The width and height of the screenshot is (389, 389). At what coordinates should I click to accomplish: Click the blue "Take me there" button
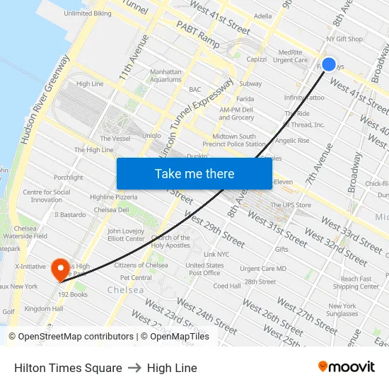194,173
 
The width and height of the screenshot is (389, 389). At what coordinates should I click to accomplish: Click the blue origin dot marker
328,64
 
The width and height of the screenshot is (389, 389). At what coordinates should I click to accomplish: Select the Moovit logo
347,367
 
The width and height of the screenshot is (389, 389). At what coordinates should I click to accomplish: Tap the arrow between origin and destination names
134,368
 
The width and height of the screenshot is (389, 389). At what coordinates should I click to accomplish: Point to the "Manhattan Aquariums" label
166,76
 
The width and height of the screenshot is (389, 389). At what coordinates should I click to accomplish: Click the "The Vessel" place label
115,139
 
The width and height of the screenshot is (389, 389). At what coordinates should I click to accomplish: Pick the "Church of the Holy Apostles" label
170,242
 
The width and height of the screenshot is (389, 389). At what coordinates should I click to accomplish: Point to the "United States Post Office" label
204,269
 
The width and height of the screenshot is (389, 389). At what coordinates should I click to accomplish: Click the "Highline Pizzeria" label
114,197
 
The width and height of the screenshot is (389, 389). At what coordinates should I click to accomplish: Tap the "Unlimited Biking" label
87,13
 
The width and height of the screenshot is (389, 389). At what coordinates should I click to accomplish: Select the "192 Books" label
73,294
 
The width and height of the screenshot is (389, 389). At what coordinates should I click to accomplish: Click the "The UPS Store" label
292,205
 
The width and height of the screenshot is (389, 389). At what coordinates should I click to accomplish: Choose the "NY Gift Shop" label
344,40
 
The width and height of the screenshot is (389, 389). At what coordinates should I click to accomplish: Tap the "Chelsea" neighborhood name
125,290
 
